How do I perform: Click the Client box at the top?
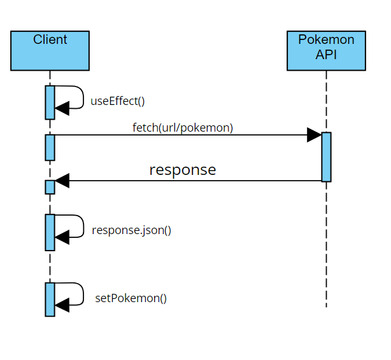click(50, 50)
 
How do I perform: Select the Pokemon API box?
click(326, 50)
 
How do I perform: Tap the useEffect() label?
click(118, 100)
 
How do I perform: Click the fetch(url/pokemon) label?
click(183, 127)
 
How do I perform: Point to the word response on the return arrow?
click(183, 170)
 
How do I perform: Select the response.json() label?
click(131, 230)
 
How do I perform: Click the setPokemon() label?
click(131, 298)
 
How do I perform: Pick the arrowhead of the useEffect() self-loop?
click(62, 109)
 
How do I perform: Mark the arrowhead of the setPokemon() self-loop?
click(62, 306)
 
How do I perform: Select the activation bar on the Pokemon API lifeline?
click(326, 157)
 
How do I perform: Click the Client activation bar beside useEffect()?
click(50, 102)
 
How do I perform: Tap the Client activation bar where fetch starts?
click(50, 147)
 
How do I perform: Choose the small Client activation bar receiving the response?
click(50, 187)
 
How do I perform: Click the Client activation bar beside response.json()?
click(50, 232)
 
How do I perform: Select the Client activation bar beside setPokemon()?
click(50, 300)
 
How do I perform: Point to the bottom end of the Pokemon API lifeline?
click(326, 307)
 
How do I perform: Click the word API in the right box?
click(326, 55)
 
